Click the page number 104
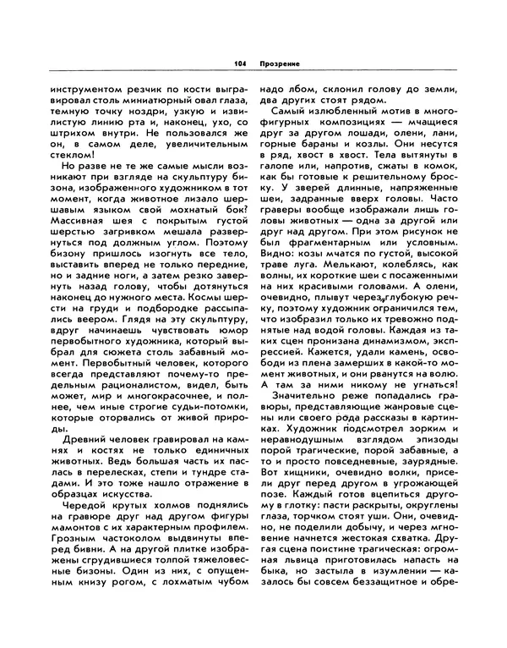[x=238, y=64]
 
